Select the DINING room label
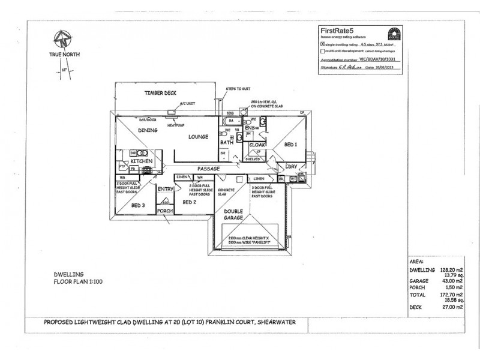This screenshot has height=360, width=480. coord(148,130)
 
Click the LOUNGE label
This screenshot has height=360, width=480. coord(198,137)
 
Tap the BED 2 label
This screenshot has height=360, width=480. coord(189,203)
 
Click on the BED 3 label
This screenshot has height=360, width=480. coord(137,206)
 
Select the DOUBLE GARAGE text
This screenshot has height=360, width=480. coord(233,215)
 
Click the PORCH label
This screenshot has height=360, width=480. coord(164,211)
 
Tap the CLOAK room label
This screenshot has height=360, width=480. coord(257,145)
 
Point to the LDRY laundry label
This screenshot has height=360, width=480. coord(292,166)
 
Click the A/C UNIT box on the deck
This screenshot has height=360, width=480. coord(173,111)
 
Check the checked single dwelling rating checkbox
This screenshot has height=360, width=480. coord(323,44)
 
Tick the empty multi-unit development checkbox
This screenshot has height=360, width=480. coord(323,52)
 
